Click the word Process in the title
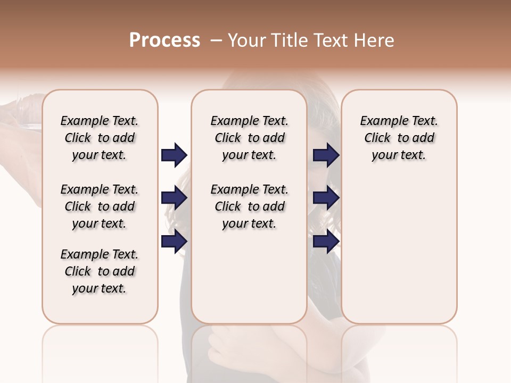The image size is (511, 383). coord(164,40)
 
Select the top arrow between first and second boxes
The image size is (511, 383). coord(174,155)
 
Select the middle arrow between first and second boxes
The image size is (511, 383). coord(174,198)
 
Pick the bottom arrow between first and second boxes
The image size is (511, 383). coord(174,242)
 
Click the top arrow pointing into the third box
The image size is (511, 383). coord(326,155)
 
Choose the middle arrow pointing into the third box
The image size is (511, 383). coord(326,198)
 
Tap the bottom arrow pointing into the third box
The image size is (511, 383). coord(326,242)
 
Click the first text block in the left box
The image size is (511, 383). coord(100,138)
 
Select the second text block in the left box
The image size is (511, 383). coord(100,206)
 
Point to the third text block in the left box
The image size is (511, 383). coord(100,271)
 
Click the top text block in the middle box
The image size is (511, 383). coord(249,138)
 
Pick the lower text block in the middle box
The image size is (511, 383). coord(249,206)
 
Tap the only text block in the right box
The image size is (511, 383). coord(399,138)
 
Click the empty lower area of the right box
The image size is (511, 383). coord(399,250)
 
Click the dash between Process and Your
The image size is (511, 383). coord(216,40)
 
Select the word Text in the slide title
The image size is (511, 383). coord(332,40)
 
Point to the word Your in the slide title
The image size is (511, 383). coord(247,40)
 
